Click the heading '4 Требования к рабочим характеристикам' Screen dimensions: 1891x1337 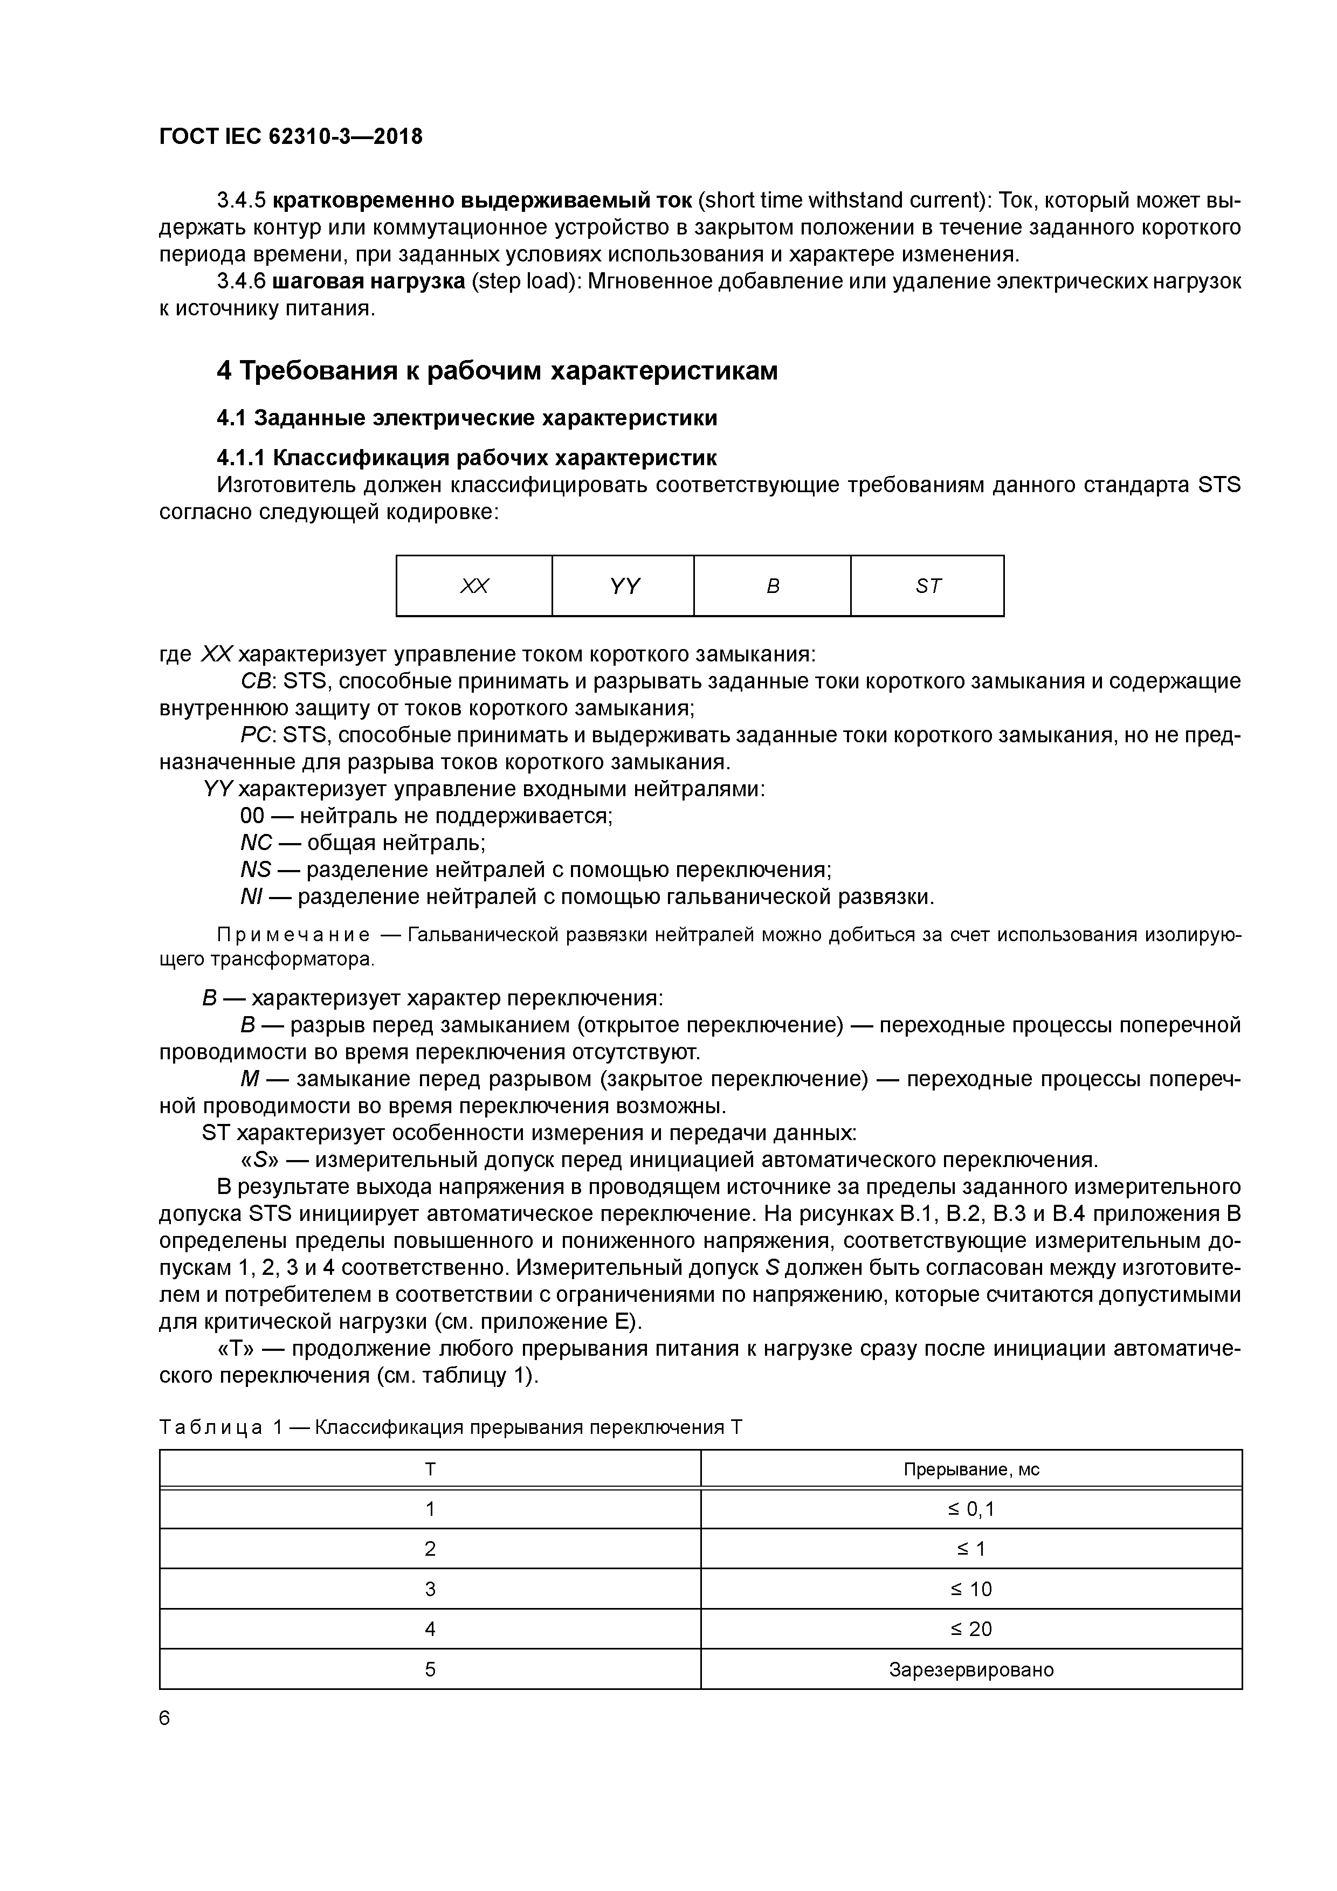(497, 371)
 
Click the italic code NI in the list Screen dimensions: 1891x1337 (251, 897)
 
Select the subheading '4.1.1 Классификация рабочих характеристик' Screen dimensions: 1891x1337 (466, 457)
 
